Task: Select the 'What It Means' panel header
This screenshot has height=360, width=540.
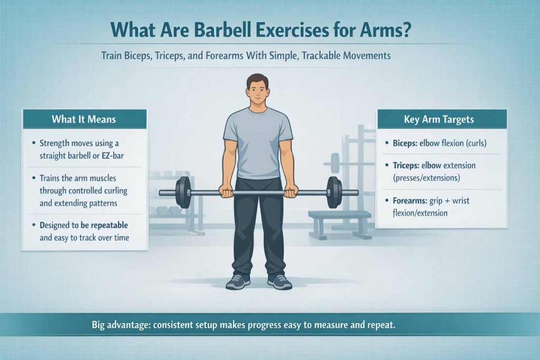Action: tap(84, 119)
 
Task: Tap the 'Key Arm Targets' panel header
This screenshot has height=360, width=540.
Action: tap(441, 119)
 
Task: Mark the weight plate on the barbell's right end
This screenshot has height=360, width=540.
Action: tap(334, 192)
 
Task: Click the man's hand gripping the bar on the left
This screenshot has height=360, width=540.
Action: tap(227, 191)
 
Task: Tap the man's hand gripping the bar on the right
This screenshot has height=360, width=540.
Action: tap(291, 191)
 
